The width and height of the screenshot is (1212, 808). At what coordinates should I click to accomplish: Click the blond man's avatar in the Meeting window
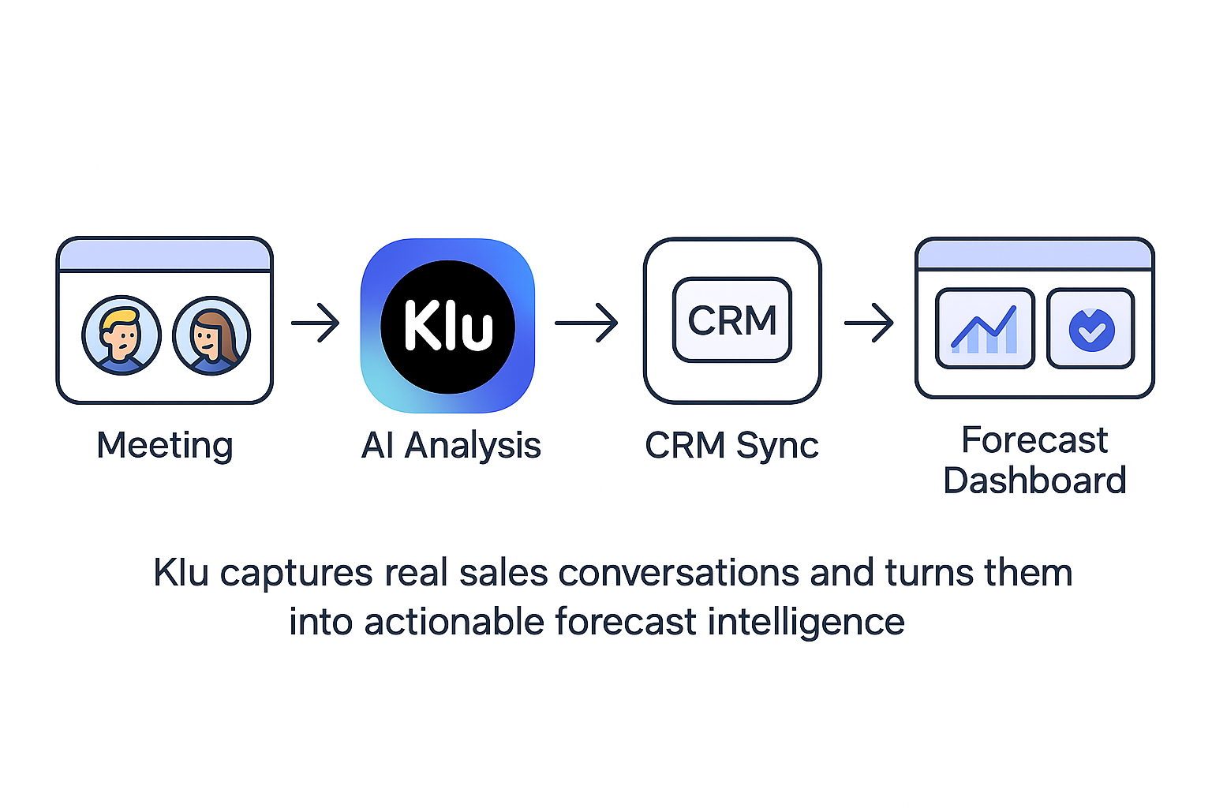click(x=122, y=335)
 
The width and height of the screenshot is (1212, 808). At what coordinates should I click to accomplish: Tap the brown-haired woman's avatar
click(x=211, y=335)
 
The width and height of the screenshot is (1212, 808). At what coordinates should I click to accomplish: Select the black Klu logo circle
click(x=447, y=327)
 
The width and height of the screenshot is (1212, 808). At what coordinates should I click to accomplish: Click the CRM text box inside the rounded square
click(x=731, y=320)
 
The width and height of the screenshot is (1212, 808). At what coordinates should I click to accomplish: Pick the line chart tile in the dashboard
click(x=985, y=328)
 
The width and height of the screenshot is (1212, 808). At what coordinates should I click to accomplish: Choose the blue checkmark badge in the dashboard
click(x=1091, y=329)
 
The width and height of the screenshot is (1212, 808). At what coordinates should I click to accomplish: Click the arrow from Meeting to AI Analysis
click(x=316, y=323)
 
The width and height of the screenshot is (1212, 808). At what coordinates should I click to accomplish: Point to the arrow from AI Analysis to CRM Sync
click(x=586, y=323)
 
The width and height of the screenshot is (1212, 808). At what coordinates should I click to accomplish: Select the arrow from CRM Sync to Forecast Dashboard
click(x=869, y=323)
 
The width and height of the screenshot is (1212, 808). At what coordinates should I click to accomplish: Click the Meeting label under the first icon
click(x=164, y=445)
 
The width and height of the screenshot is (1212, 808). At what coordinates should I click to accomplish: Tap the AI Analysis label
click(x=451, y=445)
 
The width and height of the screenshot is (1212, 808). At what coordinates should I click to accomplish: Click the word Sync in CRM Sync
click(x=777, y=446)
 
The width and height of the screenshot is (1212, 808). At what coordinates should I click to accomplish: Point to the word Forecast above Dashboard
click(x=1034, y=440)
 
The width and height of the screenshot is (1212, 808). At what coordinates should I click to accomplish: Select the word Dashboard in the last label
click(x=1034, y=481)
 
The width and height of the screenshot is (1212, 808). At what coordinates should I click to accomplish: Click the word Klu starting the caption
click(x=181, y=572)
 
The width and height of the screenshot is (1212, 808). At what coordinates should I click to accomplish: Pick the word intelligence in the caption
click(x=806, y=622)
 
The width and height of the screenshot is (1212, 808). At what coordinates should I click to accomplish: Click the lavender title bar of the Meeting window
click(x=165, y=255)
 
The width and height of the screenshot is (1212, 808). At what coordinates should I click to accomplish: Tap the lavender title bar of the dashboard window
click(x=1034, y=255)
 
